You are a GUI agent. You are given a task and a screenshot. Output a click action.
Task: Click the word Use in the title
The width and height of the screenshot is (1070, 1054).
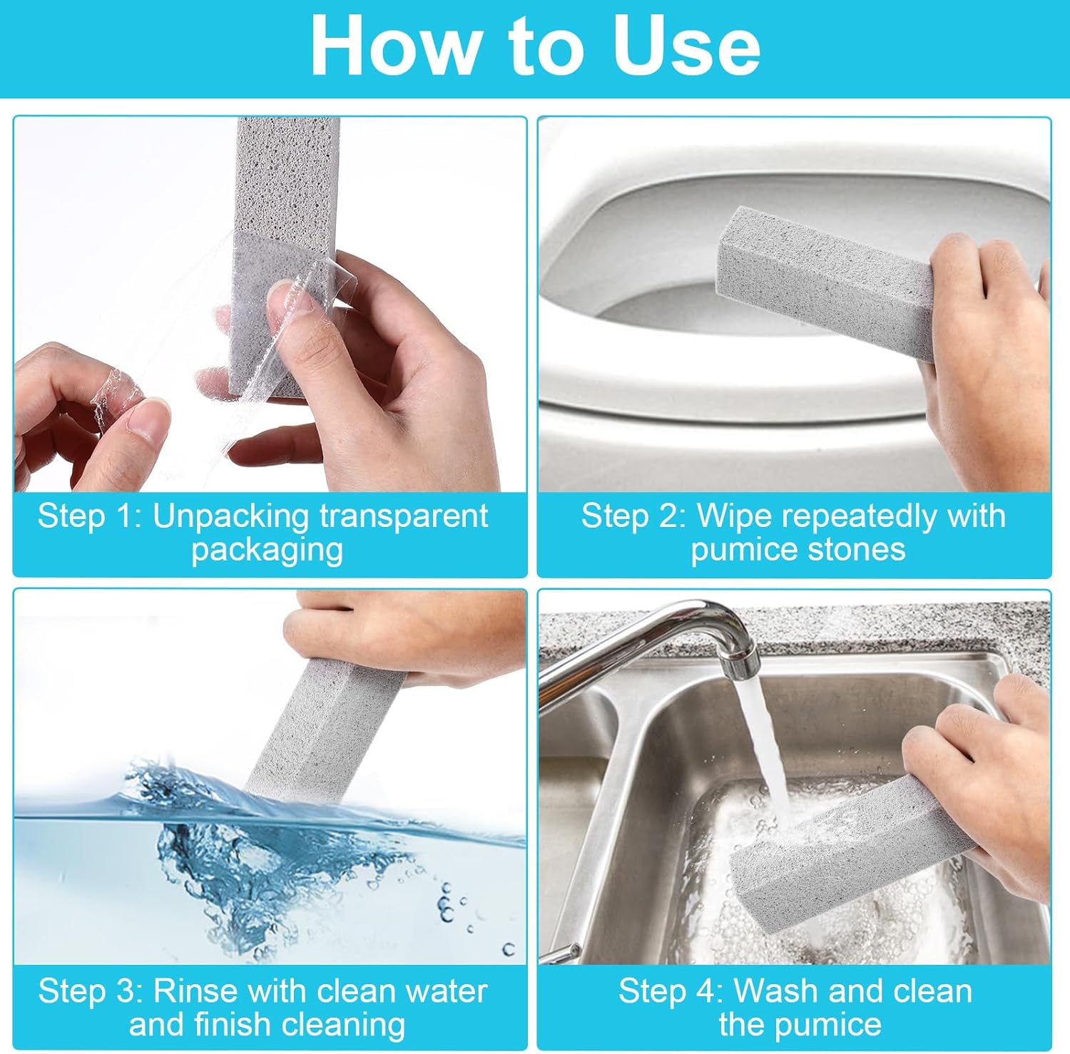coord(686,46)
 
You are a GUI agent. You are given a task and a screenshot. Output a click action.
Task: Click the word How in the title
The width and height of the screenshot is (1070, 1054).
coord(394,46)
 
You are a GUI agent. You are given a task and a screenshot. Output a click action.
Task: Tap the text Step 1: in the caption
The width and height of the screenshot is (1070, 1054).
coord(89,516)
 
